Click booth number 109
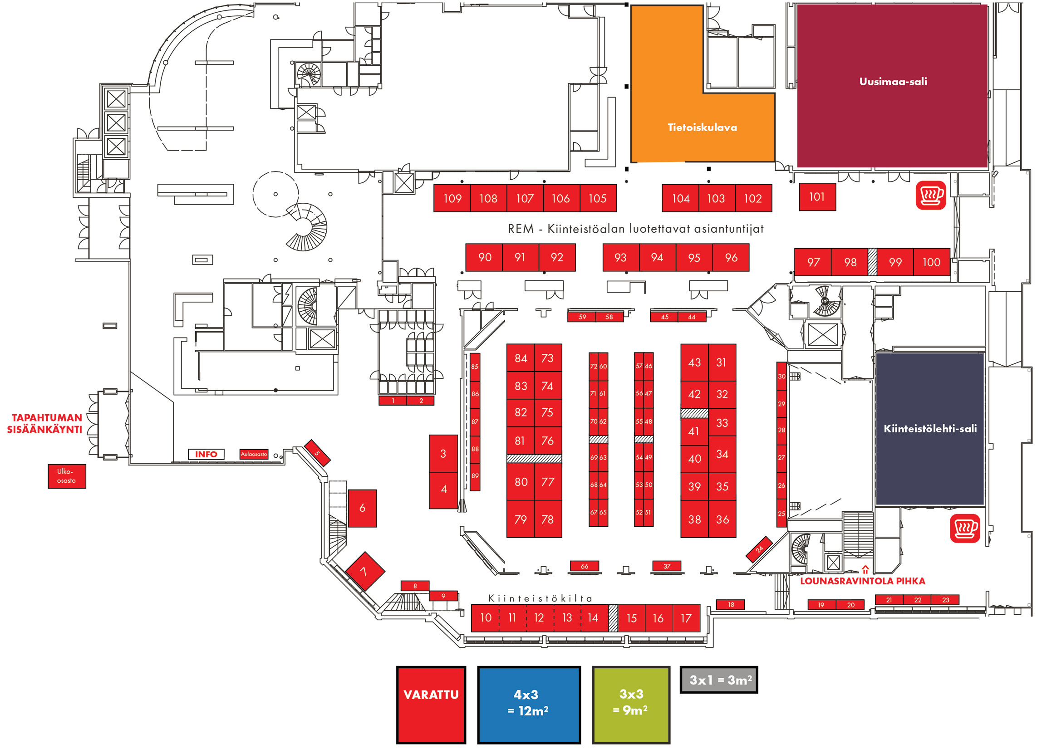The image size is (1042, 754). [452, 198]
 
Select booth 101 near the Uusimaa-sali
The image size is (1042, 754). [817, 197]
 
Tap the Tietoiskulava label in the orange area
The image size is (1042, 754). [702, 127]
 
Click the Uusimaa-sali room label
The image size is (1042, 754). [893, 82]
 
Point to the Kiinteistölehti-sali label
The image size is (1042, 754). [930, 428]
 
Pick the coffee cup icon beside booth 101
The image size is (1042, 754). [930, 196]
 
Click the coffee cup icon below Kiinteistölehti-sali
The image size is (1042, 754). [964, 528]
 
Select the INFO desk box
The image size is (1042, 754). [206, 454]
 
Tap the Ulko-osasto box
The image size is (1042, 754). [67, 476]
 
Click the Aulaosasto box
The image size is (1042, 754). [254, 454]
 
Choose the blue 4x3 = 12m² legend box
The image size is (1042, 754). [528, 705]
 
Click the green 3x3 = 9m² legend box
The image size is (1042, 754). [631, 705]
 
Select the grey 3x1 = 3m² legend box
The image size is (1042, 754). [718, 680]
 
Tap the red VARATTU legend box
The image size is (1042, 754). [431, 705]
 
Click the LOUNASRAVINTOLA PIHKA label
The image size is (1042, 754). [862, 581]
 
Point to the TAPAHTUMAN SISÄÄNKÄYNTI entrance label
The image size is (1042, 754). [45, 423]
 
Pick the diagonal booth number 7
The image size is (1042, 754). [364, 571]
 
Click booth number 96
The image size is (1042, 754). [731, 258]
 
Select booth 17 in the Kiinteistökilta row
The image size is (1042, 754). [686, 618]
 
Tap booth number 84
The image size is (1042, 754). [521, 358]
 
